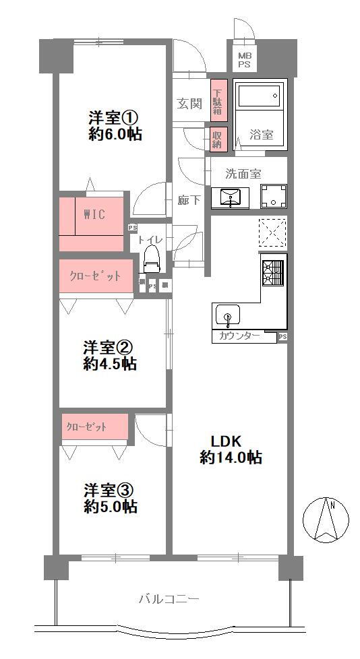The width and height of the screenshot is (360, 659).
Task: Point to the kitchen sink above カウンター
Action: pyautogui.click(x=228, y=315)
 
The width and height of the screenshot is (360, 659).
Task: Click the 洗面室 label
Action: pyautogui.click(x=243, y=173)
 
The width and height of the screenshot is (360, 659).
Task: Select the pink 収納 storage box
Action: pyautogui.click(x=217, y=139)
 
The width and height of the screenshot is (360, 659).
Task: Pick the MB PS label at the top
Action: pyautogui.click(x=243, y=61)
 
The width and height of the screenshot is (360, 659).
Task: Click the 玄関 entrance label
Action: pyautogui.click(x=189, y=104)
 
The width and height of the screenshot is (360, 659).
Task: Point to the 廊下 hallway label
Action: pyautogui.click(x=188, y=200)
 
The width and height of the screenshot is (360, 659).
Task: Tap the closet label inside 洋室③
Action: pyautogui.click(x=86, y=427)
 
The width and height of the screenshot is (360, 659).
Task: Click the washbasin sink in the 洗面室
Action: pyautogui.click(x=231, y=197)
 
